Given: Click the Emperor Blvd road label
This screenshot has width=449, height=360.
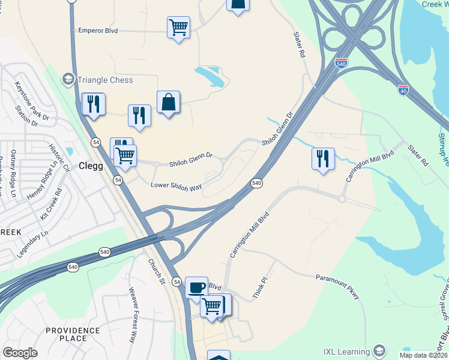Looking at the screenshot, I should coord(98,30).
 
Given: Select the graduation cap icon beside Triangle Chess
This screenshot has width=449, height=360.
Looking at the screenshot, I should coord(68,79).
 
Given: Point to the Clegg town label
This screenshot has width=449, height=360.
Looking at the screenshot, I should coord(91,166).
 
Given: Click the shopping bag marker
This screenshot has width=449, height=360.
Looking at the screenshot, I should coord(169,103).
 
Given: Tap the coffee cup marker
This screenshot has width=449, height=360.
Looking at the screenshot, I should coord(196,287).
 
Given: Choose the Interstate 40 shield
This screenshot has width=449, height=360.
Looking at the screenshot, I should coord(403,91).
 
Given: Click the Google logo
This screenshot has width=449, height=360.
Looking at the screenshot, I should coord(20,353).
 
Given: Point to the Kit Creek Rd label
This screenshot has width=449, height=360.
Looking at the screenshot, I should coord(50,204).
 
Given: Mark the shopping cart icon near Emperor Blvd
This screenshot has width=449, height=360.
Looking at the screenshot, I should coord(178,27).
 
